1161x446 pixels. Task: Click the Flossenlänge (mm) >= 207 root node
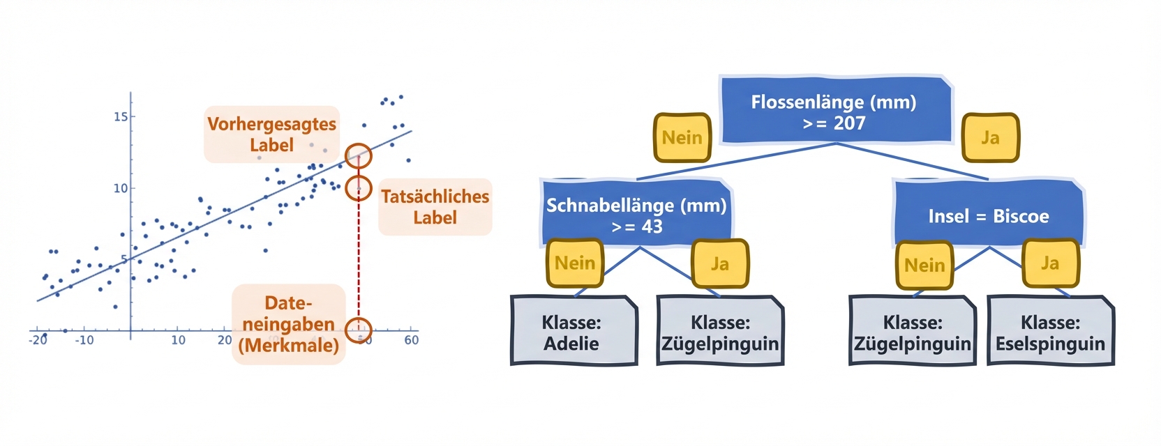pyautogui.click(x=836, y=111)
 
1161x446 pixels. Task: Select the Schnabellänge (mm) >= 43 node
pyautogui.click(x=636, y=215)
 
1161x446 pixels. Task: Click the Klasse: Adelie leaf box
pyautogui.click(x=573, y=332)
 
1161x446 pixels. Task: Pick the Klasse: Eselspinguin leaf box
pyautogui.click(x=1050, y=332)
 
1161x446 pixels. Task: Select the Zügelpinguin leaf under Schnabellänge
pyautogui.click(x=720, y=332)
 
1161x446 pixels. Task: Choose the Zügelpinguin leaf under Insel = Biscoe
pyautogui.click(x=912, y=332)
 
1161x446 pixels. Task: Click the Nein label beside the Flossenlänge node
pyautogui.click(x=682, y=138)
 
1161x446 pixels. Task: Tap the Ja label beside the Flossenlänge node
pyautogui.click(x=990, y=138)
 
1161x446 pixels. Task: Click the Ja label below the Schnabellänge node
pyautogui.click(x=719, y=264)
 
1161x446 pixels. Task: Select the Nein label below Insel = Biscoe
pyautogui.click(x=924, y=266)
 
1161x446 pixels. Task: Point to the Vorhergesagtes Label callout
pyautogui.click(x=271, y=134)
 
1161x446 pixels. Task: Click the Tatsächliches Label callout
pyautogui.click(x=435, y=207)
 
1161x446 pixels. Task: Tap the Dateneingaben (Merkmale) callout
pyautogui.click(x=288, y=324)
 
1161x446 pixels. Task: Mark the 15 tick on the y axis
pyautogui.click(x=121, y=116)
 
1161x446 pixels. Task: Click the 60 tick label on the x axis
pyautogui.click(x=412, y=340)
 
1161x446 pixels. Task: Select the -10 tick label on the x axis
pyautogui.click(x=84, y=340)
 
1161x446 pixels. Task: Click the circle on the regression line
pyautogui.click(x=359, y=156)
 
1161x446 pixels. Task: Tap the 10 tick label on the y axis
pyautogui.click(x=121, y=188)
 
